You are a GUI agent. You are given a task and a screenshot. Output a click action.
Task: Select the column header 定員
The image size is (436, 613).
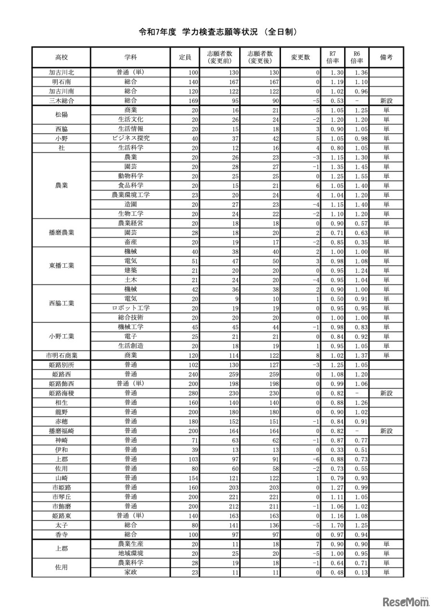point(185,57)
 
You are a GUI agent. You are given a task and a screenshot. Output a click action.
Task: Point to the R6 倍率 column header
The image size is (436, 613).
point(357,57)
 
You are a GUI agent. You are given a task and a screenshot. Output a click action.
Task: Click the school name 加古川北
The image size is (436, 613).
point(61,73)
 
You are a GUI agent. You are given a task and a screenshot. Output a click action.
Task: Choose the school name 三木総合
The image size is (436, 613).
point(61,100)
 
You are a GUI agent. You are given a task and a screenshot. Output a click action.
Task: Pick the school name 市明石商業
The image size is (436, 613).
point(61,355)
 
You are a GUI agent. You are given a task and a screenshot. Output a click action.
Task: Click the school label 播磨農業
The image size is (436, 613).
point(61,233)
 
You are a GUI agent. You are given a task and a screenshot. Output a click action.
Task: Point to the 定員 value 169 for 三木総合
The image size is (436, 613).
point(186,100)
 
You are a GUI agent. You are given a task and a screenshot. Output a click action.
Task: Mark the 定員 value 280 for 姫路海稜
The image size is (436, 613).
point(186,393)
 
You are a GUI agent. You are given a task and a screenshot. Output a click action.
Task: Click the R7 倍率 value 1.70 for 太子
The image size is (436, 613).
point(331,525)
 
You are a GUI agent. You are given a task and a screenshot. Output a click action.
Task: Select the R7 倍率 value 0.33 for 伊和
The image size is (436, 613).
point(331,450)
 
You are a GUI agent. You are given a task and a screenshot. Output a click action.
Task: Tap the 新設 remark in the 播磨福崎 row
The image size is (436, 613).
point(386,431)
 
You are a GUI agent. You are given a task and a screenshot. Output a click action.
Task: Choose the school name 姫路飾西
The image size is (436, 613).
point(61,384)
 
